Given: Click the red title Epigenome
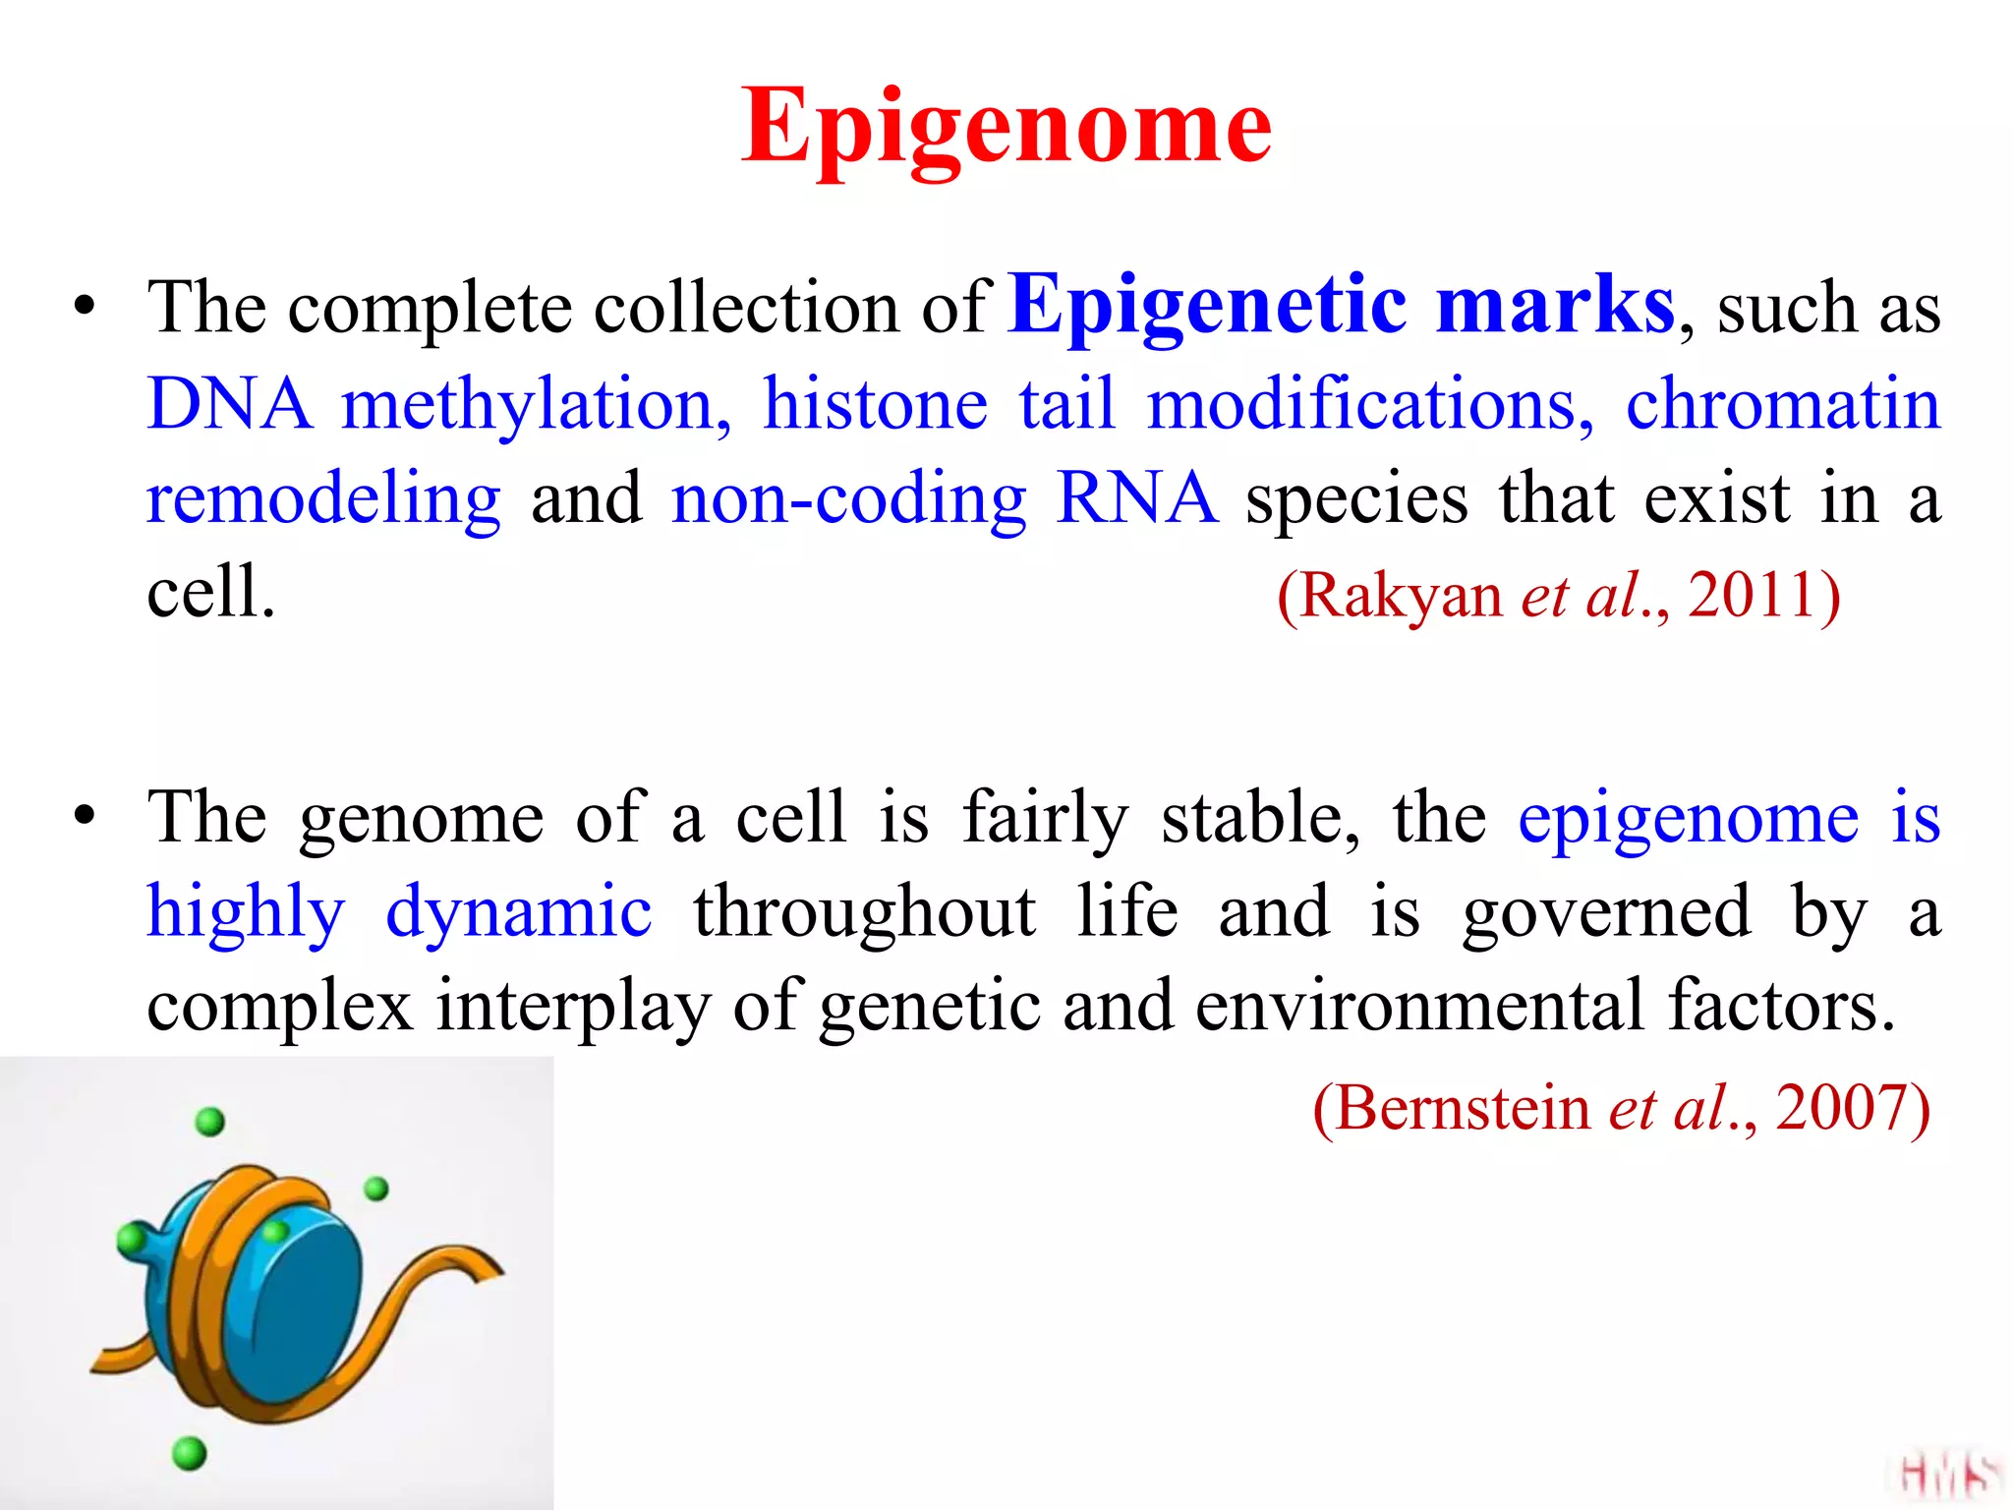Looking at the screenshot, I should tap(1006, 128).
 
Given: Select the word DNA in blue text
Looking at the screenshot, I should tap(228, 404).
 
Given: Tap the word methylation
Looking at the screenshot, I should tap(536, 404).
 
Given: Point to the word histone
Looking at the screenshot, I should tap(875, 404).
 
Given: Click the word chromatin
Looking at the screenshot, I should tap(1783, 404).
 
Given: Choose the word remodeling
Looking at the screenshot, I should tap(323, 498).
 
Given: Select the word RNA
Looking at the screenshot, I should tap(1136, 498).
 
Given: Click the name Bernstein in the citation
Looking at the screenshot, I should tap(1463, 1108).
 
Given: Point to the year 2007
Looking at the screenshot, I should tap(1840, 1108).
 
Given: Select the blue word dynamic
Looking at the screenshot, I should tap(518, 911).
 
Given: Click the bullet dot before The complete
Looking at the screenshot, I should tap(86, 306).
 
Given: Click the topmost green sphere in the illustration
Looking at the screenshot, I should tap(210, 1122).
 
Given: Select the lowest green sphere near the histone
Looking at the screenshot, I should tap(189, 1452).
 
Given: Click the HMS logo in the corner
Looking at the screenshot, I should tap(1946, 1475).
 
